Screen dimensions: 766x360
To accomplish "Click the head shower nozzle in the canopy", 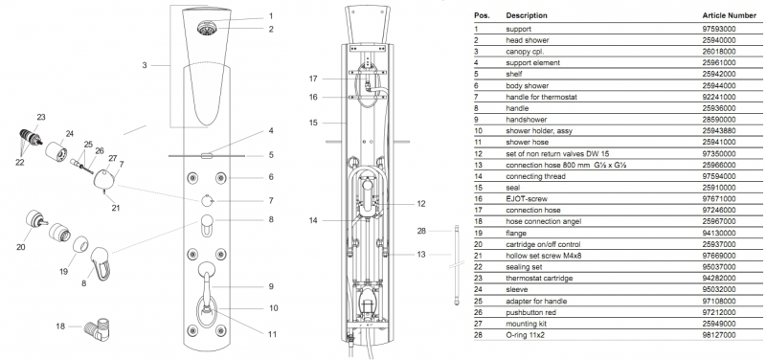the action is coord(205,28).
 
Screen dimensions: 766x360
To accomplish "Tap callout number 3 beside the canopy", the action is coord(145,64).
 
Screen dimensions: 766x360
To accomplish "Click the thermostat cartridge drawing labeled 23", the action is coord(31,139).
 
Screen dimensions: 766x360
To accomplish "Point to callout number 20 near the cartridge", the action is coord(20,247).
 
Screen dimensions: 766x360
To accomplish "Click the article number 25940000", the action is coord(719,40).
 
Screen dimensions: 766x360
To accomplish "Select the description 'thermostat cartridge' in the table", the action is coord(532,278).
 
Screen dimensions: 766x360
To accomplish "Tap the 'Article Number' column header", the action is coord(729,15).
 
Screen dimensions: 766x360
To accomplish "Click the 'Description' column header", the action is coord(527,15).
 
